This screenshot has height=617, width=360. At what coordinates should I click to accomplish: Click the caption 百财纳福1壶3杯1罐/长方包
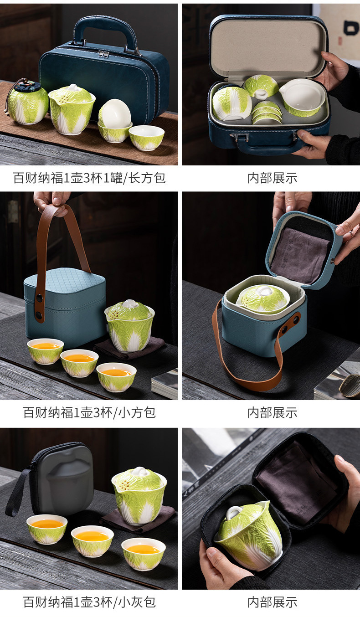[89, 178]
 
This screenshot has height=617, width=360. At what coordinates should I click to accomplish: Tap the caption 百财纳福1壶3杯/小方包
[89, 412]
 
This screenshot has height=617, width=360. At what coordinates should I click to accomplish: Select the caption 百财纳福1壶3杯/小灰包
[89, 602]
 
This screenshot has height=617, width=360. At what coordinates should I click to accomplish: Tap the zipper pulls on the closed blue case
[104, 54]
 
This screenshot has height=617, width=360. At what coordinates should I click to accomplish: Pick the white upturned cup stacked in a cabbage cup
[115, 113]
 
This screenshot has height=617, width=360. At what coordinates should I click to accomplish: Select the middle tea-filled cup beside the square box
[79, 363]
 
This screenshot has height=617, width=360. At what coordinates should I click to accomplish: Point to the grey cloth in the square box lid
[300, 255]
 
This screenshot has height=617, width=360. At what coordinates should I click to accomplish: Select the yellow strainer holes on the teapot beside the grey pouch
[124, 483]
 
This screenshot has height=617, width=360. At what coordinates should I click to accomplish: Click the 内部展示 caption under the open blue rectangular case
[272, 178]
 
